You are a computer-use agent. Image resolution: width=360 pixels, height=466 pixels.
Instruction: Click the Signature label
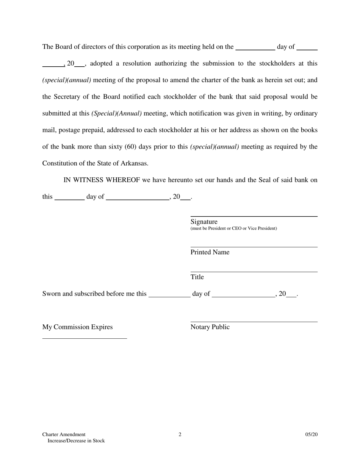click(x=204, y=222)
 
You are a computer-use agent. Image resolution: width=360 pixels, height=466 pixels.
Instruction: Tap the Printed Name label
click(x=210, y=252)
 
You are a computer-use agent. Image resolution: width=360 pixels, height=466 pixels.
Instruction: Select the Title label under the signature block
click(x=197, y=277)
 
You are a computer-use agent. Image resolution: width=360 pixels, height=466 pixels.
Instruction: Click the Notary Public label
click(x=210, y=327)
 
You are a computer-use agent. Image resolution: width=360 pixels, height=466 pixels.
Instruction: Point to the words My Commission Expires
click(x=77, y=327)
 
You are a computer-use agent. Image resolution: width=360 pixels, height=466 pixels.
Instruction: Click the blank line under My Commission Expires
click(x=85, y=338)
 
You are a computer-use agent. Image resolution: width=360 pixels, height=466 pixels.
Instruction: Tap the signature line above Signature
click(x=254, y=216)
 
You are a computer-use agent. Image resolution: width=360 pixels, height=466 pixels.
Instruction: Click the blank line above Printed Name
click(x=254, y=247)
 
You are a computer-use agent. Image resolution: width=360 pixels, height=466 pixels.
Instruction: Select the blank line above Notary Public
click(x=254, y=322)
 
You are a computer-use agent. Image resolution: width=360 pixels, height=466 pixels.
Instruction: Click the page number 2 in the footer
click(x=180, y=435)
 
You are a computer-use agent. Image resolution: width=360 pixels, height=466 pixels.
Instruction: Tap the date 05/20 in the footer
click(x=311, y=435)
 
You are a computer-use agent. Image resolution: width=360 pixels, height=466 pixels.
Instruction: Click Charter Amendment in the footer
click(x=64, y=435)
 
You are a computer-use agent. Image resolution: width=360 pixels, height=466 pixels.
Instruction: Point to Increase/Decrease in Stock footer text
click(x=76, y=441)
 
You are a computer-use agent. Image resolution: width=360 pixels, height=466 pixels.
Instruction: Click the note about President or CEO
click(x=233, y=228)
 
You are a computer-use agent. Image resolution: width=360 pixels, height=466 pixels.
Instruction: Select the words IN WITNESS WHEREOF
click(x=102, y=180)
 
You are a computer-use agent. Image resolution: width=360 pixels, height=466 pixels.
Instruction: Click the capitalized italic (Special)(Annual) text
click(x=117, y=114)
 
